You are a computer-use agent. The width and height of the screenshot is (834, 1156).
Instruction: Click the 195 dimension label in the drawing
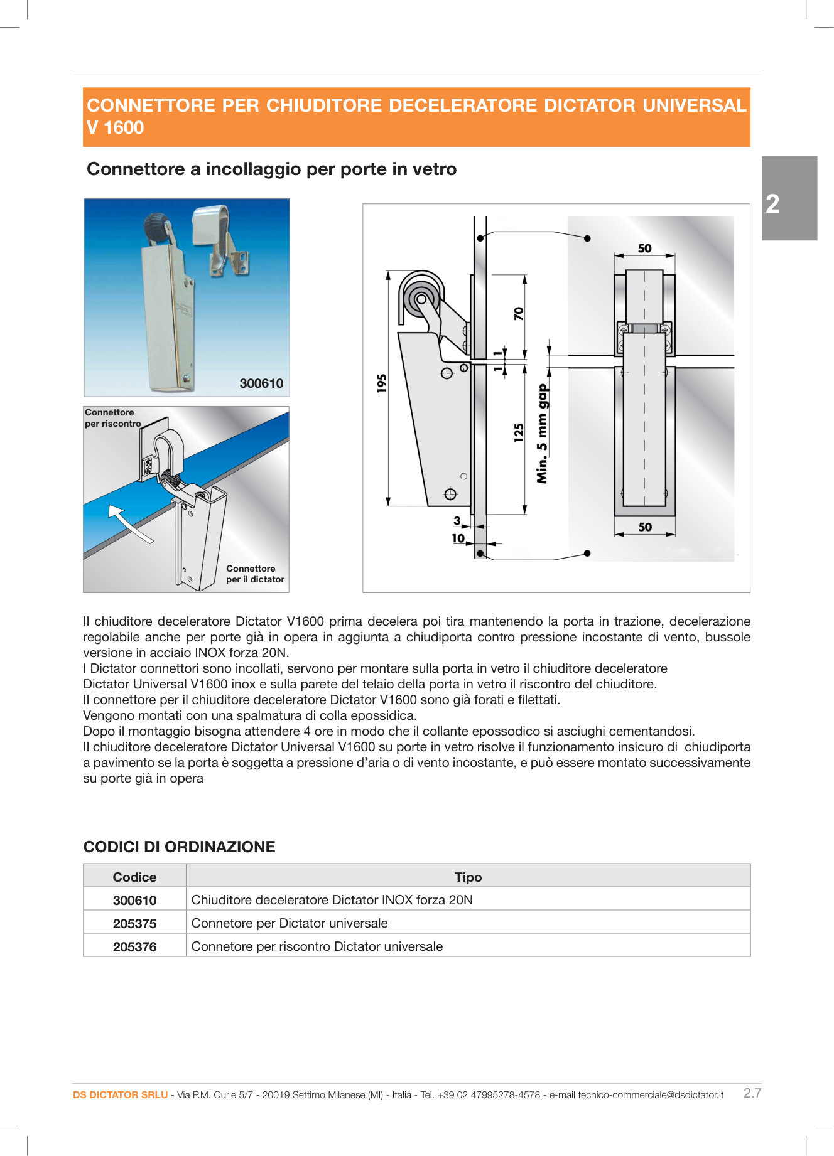[x=382, y=383]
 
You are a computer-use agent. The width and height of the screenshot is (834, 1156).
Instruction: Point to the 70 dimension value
[x=519, y=313]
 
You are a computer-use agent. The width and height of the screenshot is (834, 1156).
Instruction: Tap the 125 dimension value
[x=519, y=432]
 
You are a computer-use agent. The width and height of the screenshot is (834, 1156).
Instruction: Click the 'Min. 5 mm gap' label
[x=542, y=434]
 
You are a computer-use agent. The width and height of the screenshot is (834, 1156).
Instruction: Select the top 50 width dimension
[x=644, y=249]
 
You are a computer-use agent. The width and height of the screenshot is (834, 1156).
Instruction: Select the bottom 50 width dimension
[x=644, y=527]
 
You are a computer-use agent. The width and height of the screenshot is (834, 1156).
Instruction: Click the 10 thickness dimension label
[x=458, y=538]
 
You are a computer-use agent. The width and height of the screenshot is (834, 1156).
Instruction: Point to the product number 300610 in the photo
[x=261, y=383]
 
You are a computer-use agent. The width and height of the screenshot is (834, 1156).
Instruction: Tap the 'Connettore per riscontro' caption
[x=112, y=418]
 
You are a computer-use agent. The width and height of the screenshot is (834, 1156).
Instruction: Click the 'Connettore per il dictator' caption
[x=255, y=574]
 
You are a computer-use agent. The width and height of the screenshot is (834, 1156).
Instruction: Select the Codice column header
[x=134, y=877]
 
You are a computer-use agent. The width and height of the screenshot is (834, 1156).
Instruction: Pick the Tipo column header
[x=468, y=877]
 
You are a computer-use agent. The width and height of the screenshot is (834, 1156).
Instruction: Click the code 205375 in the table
[x=134, y=924]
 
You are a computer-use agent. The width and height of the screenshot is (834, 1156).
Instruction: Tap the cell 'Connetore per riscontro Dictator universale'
[x=317, y=946]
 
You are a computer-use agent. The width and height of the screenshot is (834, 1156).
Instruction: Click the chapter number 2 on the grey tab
[x=772, y=204]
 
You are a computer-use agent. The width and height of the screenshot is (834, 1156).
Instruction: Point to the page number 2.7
[x=752, y=1093]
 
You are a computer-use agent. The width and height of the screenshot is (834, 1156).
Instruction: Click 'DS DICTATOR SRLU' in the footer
[x=120, y=1095]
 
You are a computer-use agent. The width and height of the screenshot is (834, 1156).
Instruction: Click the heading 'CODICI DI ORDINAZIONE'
[x=179, y=847]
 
